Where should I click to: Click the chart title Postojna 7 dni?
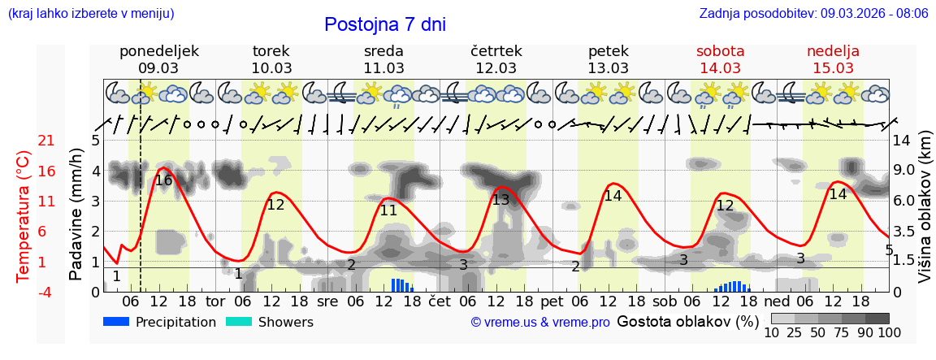click(384, 24)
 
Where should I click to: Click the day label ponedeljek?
click(158, 51)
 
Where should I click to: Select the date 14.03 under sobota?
click(720, 68)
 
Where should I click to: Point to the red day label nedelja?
click(833, 51)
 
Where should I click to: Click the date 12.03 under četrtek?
click(496, 68)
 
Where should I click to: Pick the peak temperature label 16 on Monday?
click(163, 180)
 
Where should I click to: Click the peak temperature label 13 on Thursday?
click(500, 199)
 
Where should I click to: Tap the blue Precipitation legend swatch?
click(117, 322)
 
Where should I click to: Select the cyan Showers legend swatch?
click(239, 322)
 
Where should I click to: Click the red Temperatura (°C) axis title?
click(24, 215)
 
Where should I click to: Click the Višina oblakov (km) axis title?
click(925, 215)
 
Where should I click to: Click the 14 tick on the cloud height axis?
click(903, 141)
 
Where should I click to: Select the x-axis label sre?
click(327, 301)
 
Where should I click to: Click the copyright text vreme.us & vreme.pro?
click(540, 323)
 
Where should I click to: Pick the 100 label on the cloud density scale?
click(890, 332)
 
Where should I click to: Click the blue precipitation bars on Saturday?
click(732, 286)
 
